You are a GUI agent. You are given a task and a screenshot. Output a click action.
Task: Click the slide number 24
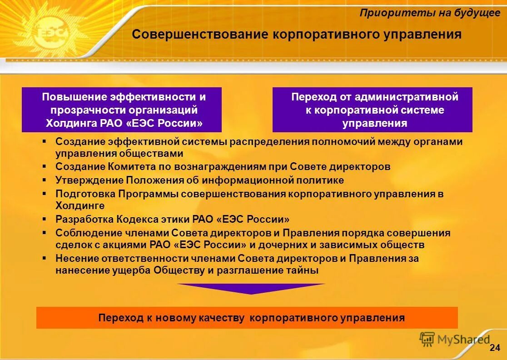coord(495,348)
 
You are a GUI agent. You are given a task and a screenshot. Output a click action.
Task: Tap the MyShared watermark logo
coord(455,339)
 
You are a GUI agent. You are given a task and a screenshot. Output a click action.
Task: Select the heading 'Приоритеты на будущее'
coord(430,13)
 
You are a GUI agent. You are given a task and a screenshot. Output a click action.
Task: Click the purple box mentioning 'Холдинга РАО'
coord(122,110)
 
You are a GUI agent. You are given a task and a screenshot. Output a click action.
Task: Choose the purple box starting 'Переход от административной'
coord(373,110)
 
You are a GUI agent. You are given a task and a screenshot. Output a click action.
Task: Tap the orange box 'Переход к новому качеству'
coord(247,318)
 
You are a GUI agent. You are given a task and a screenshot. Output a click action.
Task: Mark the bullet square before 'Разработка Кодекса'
coord(45,219)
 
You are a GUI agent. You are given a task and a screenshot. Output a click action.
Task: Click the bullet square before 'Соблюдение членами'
coord(45,232)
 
